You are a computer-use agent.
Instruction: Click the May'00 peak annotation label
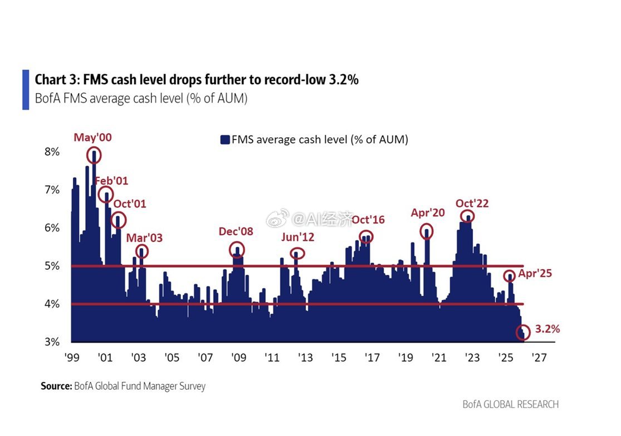(94, 137)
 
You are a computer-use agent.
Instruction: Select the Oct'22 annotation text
(472, 204)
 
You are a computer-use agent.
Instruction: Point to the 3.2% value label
(547, 329)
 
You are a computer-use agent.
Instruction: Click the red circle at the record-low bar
(523, 332)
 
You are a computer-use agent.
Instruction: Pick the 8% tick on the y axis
(51, 152)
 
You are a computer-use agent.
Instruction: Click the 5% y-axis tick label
(51, 266)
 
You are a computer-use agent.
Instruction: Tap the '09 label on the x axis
(238, 357)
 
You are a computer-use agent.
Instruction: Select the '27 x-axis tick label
(538, 357)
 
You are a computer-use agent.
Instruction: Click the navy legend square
(225, 140)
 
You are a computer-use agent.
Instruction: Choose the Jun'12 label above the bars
(297, 237)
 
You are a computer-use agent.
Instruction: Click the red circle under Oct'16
(366, 236)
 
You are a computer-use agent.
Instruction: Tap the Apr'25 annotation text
(535, 274)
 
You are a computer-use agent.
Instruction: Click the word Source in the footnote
(56, 386)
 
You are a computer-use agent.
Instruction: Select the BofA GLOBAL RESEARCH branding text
(510, 404)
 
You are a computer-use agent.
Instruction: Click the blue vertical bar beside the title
(26, 89)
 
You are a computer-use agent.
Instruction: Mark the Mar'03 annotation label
(144, 238)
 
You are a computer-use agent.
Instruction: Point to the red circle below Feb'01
(106, 195)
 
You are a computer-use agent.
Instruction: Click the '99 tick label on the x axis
(72, 357)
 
